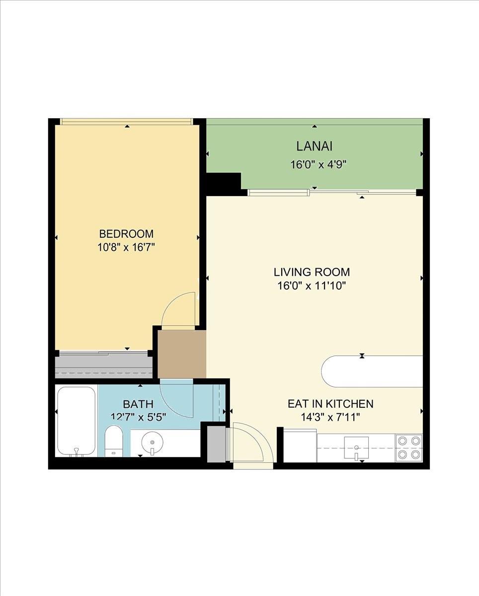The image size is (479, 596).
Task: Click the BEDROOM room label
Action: pos(126,234)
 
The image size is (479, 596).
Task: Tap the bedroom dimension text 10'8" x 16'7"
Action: pos(126,247)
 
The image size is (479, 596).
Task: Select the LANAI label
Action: pos(314,146)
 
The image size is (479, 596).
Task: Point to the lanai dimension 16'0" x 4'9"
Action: pos(319,165)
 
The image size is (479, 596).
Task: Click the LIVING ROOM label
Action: pos(312,272)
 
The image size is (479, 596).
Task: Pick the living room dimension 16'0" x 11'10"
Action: pos(312,286)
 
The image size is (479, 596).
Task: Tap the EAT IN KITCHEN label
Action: pos(330,404)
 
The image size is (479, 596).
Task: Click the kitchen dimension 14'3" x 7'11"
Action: pos(330,417)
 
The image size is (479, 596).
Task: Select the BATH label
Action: pos(138,404)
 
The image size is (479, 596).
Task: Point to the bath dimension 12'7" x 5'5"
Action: pos(138,417)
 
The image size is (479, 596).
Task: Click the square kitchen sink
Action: pos(356,447)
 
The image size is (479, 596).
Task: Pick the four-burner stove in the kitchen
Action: pos(409,448)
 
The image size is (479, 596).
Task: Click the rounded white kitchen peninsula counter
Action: pos(372,372)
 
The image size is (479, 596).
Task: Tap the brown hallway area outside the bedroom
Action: pos(182,354)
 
